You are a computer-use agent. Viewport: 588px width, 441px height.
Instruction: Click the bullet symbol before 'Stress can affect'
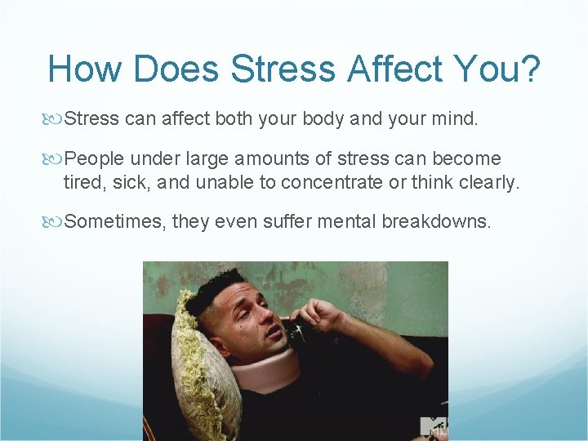click(x=56, y=120)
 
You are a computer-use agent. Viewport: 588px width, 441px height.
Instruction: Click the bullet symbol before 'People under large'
click(x=56, y=158)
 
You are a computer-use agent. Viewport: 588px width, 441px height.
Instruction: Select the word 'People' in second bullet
click(x=94, y=158)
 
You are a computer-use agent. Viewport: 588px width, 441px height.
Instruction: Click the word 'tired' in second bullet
click(x=82, y=183)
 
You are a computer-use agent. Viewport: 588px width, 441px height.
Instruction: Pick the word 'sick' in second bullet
click(x=130, y=183)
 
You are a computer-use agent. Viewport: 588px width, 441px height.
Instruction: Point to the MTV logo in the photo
click(x=433, y=426)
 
